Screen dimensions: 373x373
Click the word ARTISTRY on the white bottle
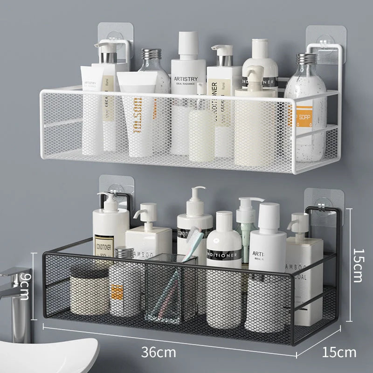pyautogui.click(x=186, y=79)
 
